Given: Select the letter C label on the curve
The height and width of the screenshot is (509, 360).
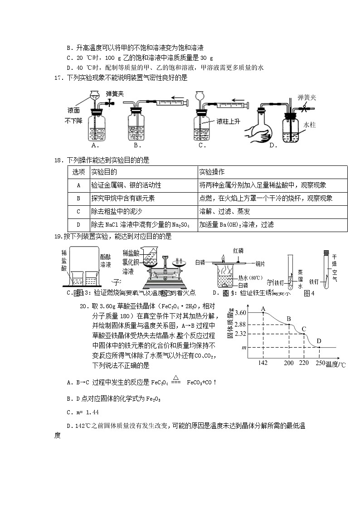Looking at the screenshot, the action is point(304,329).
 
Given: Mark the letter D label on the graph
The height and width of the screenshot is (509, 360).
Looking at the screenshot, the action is point(319,341).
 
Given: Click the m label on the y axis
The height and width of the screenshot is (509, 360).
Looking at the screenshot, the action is point(244,347).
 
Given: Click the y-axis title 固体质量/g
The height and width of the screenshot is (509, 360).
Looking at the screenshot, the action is point(229,323).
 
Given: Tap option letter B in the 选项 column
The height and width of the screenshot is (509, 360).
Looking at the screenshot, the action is point(78,199).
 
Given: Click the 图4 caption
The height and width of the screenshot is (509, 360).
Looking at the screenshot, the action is point(309,293).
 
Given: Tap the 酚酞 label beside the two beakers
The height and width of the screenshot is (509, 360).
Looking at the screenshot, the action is point(105,257).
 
